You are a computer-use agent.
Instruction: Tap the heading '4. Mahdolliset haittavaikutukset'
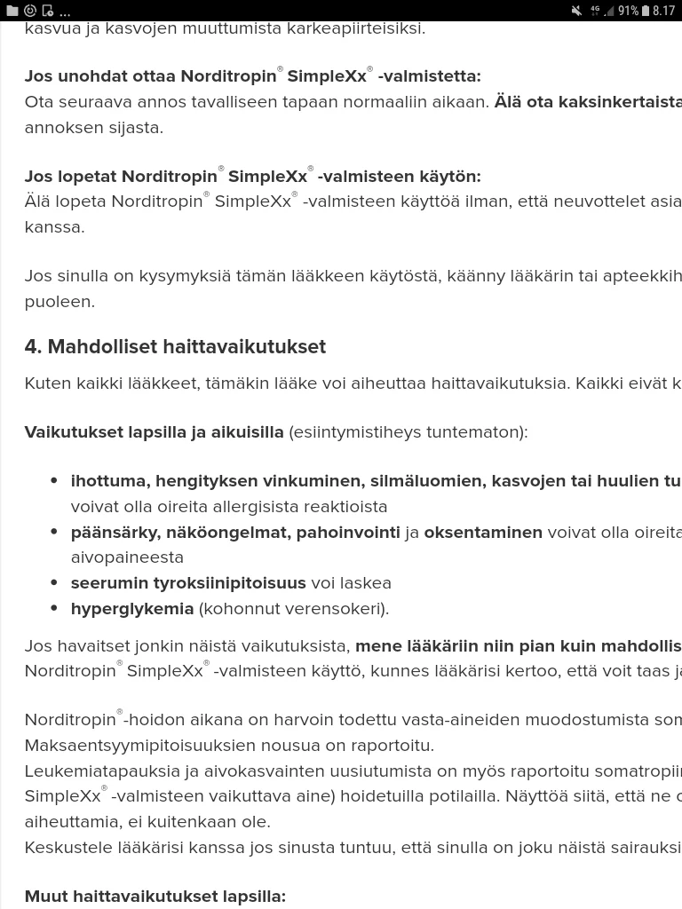(x=175, y=346)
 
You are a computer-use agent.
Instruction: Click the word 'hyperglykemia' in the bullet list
(x=132, y=608)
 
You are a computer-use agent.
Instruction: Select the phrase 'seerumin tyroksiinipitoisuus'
(x=188, y=582)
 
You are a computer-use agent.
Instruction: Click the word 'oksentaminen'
(x=483, y=532)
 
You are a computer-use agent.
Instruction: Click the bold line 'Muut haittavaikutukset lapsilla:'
(x=155, y=896)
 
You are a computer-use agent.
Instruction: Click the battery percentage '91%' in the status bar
(x=628, y=11)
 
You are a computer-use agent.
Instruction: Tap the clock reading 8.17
(x=663, y=11)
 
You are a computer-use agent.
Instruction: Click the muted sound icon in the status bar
(x=576, y=11)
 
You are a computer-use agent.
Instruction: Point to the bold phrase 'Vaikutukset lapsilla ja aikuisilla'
(x=155, y=431)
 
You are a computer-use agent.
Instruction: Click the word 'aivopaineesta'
(x=127, y=557)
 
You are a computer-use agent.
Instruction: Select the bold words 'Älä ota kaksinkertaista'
(x=588, y=101)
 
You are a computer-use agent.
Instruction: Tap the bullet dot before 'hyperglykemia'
(x=55, y=609)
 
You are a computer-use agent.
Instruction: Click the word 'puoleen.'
(x=59, y=301)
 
